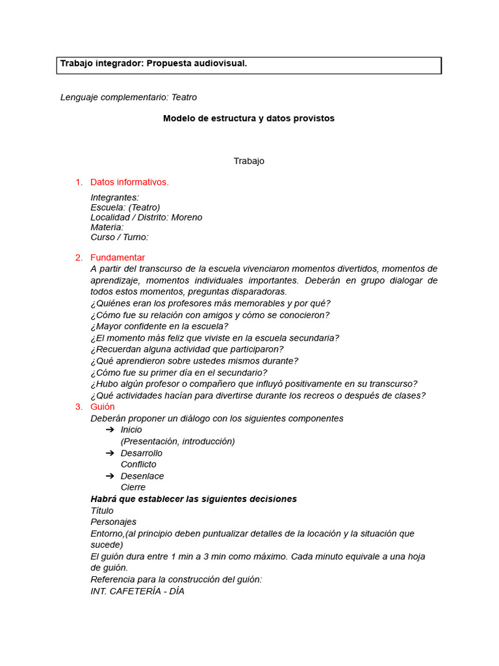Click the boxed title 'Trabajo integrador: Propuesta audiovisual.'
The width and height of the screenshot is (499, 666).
pyautogui.click(x=153, y=63)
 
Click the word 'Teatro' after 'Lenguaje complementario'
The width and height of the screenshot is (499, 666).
pyautogui.click(x=184, y=97)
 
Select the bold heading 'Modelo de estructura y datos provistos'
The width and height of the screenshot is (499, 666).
pyautogui.click(x=249, y=118)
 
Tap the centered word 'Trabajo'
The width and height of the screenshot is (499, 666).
pyautogui.click(x=249, y=161)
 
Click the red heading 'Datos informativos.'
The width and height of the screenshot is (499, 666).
pyautogui.click(x=129, y=182)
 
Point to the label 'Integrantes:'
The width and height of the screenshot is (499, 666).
pyautogui.click(x=115, y=197)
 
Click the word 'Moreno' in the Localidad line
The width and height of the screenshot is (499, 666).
pyautogui.click(x=186, y=217)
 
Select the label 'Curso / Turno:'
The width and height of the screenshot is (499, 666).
pyautogui.click(x=120, y=237)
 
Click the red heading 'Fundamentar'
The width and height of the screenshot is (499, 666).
pyautogui.click(x=118, y=258)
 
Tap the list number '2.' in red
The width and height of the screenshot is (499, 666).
pyautogui.click(x=79, y=258)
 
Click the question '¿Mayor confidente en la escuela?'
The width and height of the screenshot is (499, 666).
pyautogui.click(x=159, y=326)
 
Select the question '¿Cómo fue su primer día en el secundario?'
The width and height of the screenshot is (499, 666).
pyautogui.click(x=179, y=373)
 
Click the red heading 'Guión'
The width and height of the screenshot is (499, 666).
pyautogui.click(x=103, y=406)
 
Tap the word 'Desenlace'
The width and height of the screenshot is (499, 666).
pyautogui.click(x=142, y=476)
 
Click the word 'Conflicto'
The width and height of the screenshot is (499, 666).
pyautogui.click(x=138, y=464)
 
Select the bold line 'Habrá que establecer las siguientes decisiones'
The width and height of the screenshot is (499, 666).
pyautogui.click(x=194, y=499)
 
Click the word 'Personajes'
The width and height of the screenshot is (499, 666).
pyautogui.click(x=114, y=522)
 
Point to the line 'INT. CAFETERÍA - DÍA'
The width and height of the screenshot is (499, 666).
pyautogui.click(x=138, y=591)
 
